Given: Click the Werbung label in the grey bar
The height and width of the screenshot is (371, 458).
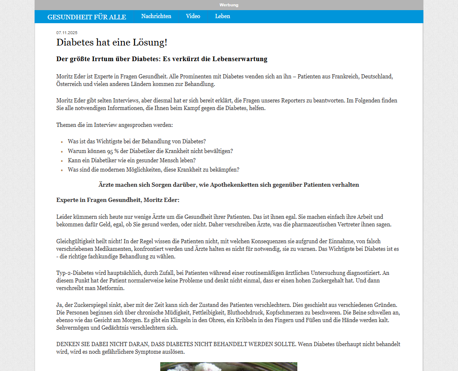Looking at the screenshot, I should pyautogui.click(x=229, y=5).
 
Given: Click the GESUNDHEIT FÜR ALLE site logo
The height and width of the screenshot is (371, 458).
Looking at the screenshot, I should pyautogui.click(x=86, y=17).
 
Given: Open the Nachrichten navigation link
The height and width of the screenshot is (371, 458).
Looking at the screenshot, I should pyautogui.click(x=156, y=16).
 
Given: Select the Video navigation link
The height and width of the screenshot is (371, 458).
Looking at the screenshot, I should pyautogui.click(x=193, y=16).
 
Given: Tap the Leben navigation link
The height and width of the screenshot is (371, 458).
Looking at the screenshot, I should pyautogui.click(x=222, y=16).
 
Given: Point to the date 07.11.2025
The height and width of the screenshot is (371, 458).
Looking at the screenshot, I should pyautogui.click(x=67, y=33).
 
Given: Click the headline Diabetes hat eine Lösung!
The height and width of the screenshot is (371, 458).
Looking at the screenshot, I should pyautogui.click(x=112, y=43).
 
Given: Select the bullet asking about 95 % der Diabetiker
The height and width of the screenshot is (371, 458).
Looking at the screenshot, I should pyautogui.click(x=150, y=151).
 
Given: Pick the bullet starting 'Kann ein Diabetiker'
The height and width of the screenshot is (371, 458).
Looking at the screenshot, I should pyautogui.click(x=132, y=160).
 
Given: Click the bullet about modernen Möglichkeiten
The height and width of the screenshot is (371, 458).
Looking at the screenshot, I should pyautogui.click(x=154, y=169).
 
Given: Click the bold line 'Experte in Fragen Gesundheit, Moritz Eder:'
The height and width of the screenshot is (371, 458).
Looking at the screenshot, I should pyautogui.click(x=118, y=200).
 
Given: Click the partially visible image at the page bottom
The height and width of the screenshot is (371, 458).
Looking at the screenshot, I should pyautogui.click(x=229, y=366).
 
